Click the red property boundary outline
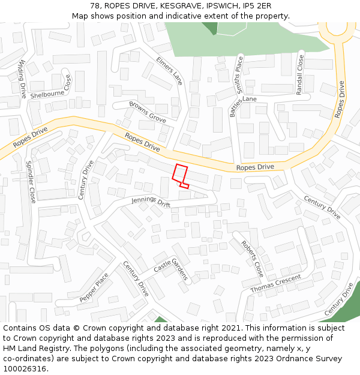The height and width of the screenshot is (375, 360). [x=179, y=173]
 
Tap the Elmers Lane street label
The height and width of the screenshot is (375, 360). [x=169, y=71]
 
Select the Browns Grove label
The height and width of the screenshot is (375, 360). [x=148, y=112]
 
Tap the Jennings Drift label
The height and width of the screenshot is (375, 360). [x=151, y=202]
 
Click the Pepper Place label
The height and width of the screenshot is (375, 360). [x=94, y=287]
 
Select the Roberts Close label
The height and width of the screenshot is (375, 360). [x=252, y=259]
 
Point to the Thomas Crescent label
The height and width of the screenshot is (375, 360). [x=275, y=283]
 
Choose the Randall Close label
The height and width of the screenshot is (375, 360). [x=299, y=74]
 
